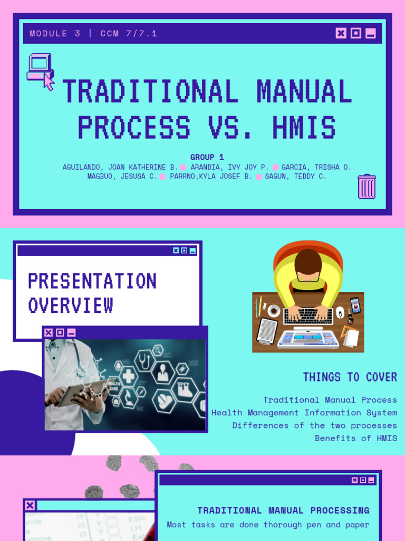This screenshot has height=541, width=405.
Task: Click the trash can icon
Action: coord(367,186)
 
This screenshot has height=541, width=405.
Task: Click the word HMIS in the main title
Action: coord(304,128)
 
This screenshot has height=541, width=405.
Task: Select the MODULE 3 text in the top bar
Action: coord(55,34)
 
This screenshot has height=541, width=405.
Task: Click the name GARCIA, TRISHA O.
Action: coord(316,167)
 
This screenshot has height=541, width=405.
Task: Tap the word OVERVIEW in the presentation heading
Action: coord(71,305)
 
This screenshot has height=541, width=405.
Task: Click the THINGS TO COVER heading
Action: coord(350,377)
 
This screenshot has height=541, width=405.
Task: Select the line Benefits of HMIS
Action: coord(356,438)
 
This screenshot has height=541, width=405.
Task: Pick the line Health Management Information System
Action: coord(304,413)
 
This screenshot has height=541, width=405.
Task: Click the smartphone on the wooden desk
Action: coord(355,305)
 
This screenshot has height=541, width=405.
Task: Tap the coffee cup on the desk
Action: coord(274,310)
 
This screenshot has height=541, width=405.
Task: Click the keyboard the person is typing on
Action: coord(308,316)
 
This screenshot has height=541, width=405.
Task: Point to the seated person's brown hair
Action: coord(308,262)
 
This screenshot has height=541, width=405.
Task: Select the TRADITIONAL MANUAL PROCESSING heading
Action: coord(283,510)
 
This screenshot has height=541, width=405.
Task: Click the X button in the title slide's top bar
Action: coord(341,33)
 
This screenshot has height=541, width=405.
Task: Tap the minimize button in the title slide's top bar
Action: coord(371,33)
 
